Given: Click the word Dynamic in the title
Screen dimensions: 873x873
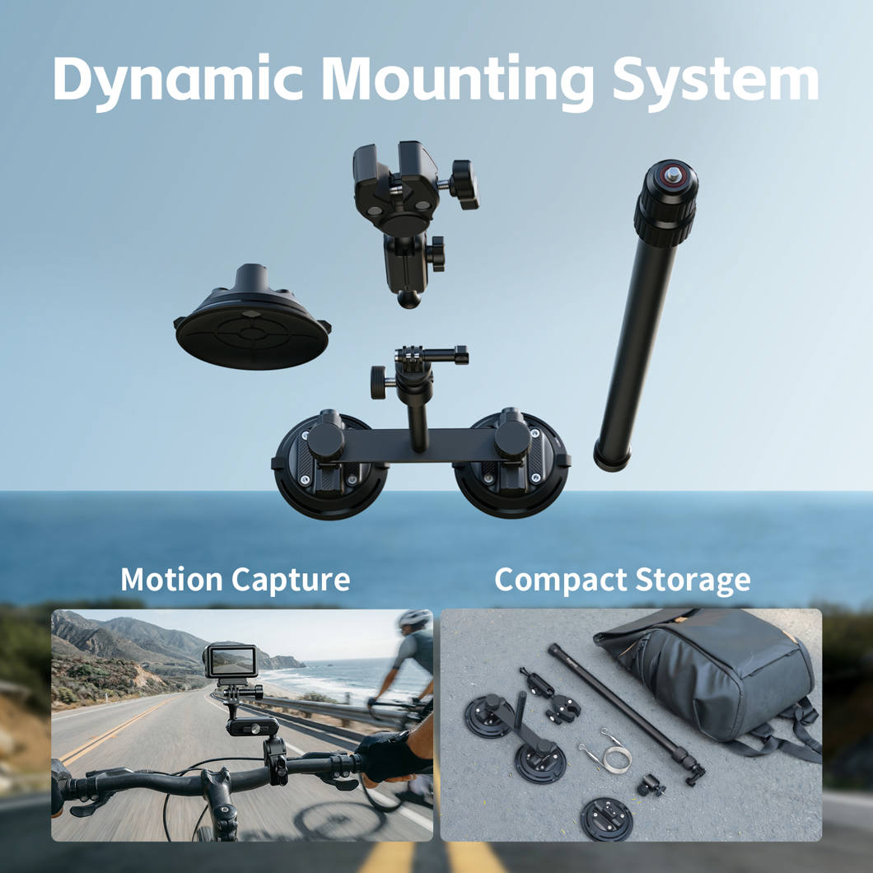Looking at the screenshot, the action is (x=178, y=81).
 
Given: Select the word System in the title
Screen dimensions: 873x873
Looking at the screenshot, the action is (x=716, y=81).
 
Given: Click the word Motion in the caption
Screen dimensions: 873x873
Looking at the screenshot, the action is (x=171, y=579).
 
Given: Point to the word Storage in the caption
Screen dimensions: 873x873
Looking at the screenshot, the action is (x=693, y=580).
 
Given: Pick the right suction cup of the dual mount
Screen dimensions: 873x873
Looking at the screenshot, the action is (x=511, y=464).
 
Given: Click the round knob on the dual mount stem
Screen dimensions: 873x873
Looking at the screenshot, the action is (x=380, y=382).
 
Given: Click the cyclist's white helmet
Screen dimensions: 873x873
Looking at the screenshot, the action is (x=415, y=618).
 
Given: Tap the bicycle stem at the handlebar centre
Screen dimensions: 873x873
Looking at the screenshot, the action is (x=219, y=801).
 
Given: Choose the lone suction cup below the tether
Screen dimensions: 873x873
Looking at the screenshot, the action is (x=606, y=819).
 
